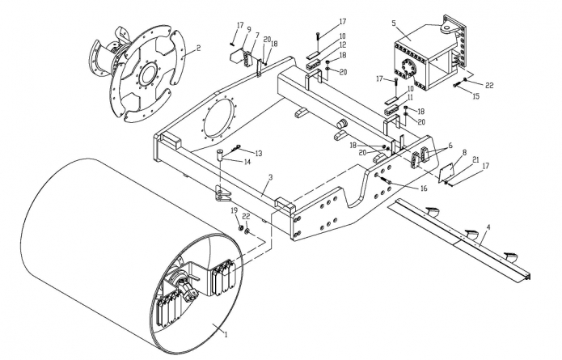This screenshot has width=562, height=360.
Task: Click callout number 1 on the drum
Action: point(226,334)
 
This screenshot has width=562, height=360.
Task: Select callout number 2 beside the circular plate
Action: point(198,48)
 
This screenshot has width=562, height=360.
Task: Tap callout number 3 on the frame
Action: point(271,177)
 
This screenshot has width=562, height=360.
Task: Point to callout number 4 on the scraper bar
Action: point(488,227)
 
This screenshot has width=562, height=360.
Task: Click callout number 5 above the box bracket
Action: point(394,23)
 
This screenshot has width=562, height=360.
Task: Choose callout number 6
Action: point(450,146)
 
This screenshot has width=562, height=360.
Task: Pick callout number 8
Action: point(464,152)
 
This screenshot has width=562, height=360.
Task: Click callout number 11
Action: point(410,97)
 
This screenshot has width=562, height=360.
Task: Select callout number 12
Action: point(343,44)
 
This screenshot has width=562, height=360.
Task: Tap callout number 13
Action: point(258,153)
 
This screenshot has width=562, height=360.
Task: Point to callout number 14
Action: point(247,162)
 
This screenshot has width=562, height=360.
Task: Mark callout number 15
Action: point(475,96)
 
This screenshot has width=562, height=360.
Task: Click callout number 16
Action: point(424,188)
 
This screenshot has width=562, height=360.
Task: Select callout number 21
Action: point(475,159)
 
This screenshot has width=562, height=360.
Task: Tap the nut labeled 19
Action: point(241,228)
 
